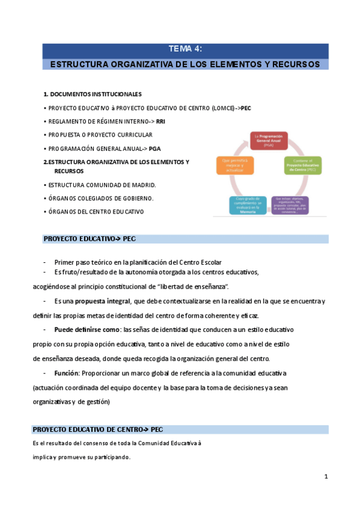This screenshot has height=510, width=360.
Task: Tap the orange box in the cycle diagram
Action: tap(234, 165)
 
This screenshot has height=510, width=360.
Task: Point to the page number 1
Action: tap(326, 476)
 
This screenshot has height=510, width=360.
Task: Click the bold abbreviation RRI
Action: tap(160, 121)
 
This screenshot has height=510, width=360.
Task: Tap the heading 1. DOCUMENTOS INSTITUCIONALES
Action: tap(92, 94)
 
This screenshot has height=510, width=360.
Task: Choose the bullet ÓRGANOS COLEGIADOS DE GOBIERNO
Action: tap(101, 198)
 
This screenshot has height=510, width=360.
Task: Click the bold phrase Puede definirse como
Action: tap(87, 330)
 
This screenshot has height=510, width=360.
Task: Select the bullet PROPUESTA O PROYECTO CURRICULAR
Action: tap(100, 135)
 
